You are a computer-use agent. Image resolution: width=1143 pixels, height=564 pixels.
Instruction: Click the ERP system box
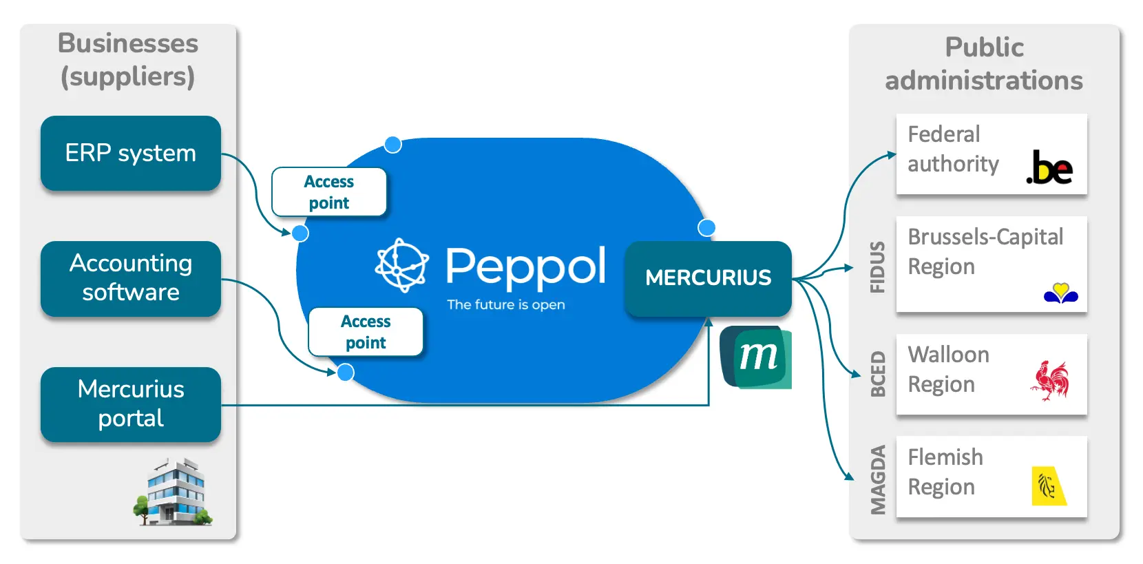pyautogui.click(x=131, y=153)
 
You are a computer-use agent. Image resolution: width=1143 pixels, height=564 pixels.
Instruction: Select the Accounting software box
pyautogui.click(x=131, y=278)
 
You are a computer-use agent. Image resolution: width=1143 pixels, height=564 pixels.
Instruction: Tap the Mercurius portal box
pyautogui.click(x=131, y=404)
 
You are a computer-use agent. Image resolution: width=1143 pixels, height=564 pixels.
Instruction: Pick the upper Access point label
pyautogui.click(x=329, y=192)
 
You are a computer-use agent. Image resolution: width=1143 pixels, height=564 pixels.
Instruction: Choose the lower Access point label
pyautogui.click(x=366, y=332)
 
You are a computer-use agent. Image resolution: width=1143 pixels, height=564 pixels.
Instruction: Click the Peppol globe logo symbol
pyautogui.click(x=401, y=265)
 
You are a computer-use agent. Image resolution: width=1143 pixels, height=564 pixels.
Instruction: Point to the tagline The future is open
pyautogui.click(x=505, y=304)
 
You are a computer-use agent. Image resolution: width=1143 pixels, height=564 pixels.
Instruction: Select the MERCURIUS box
pyautogui.click(x=708, y=278)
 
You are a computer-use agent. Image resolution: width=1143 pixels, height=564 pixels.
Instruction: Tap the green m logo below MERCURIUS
pyautogui.click(x=756, y=357)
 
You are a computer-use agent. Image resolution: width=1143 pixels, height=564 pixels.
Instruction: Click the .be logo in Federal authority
pyautogui.click(x=1049, y=167)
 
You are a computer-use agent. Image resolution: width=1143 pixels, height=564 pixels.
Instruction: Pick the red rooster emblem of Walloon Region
pyautogui.click(x=1050, y=380)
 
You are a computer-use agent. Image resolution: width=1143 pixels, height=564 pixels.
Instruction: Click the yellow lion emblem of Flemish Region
pyautogui.click(x=1048, y=486)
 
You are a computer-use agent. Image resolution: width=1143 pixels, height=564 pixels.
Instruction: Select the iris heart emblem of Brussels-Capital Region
pyautogui.click(x=1060, y=293)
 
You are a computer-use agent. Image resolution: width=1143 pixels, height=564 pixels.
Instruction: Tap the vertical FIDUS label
pyautogui.click(x=877, y=267)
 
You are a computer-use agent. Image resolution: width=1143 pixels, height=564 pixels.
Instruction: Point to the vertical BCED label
pyautogui.click(x=877, y=374)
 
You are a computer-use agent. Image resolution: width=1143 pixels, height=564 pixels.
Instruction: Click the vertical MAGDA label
pyautogui.click(x=877, y=480)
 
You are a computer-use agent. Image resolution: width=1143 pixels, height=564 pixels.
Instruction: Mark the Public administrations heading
pyautogui.click(x=983, y=63)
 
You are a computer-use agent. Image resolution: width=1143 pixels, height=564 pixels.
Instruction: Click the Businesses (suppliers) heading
pyautogui.click(x=128, y=59)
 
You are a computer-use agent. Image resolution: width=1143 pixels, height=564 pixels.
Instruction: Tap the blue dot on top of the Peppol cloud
pyautogui.click(x=392, y=145)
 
